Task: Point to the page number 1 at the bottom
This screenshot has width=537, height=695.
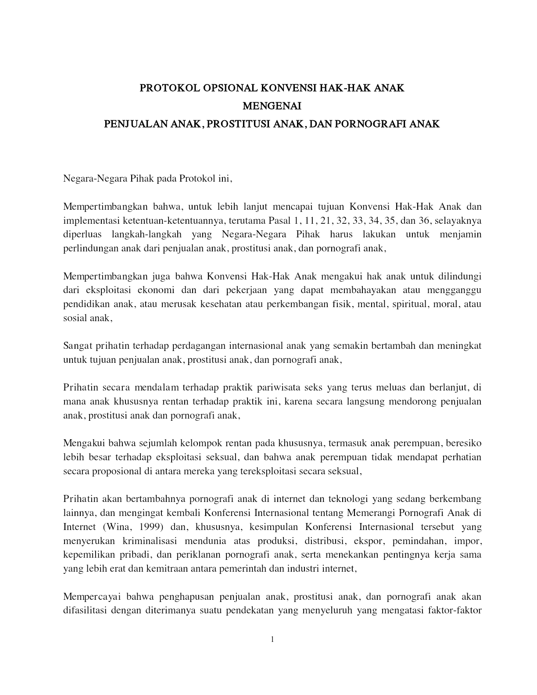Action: click(x=272, y=639)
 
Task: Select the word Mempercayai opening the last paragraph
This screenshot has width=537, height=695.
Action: click(x=92, y=597)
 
